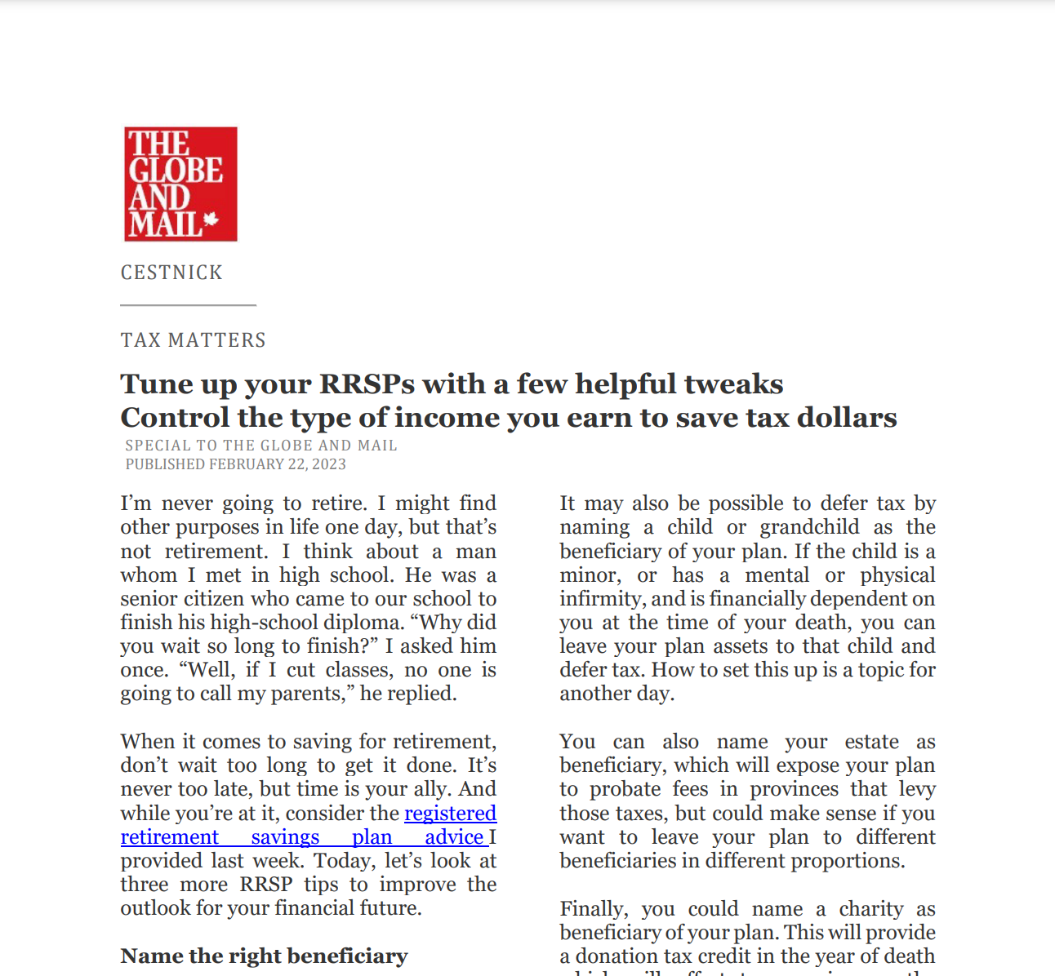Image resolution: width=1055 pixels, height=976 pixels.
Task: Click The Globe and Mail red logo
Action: click(x=180, y=184)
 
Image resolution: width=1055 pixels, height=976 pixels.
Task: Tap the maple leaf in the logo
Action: click(x=211, y=220)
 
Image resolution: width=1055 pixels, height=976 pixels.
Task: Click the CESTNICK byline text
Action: click(x=171, y=273)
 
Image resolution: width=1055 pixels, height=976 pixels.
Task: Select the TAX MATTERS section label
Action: click(x=194, y=340)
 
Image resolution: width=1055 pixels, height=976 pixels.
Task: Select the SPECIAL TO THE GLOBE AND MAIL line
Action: click(x=261, y=446)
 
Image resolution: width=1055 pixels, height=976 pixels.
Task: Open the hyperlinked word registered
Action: click(x=450, y=814)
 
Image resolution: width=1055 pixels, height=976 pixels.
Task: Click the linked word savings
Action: click(x=285, y=837)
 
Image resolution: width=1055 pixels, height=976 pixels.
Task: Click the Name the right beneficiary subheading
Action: click(x=264, y=956)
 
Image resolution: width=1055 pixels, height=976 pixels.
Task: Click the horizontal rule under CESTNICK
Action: click(x=189, y=305)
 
